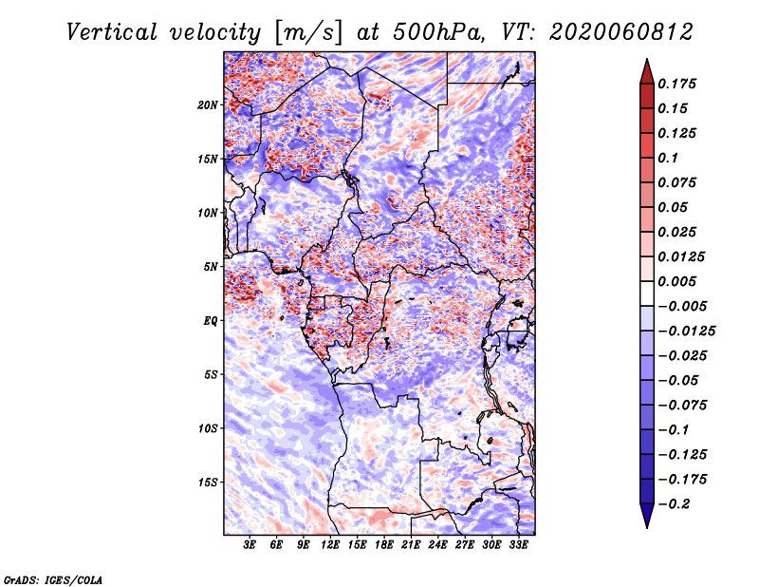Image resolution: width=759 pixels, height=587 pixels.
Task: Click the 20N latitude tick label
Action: click(207, 105)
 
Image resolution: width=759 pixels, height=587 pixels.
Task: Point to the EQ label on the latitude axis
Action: click(210, 321)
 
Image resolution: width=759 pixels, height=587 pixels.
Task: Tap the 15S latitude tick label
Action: click(207, 483)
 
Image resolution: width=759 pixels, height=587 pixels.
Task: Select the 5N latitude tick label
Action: click(211, 267)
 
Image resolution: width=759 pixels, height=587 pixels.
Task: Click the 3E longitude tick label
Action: click(250, 545)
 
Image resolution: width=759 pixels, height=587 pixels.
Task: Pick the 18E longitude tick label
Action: click(383, 545)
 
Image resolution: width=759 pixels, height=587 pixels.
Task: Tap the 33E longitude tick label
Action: click(518, 545)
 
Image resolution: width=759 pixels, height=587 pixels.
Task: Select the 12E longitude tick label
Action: click(329, 545)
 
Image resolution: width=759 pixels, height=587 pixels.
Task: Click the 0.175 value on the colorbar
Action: click(676, 84)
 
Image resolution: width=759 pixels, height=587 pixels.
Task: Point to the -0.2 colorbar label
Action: click(674, 504)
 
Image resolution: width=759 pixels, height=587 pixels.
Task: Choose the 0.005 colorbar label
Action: click(676, 281)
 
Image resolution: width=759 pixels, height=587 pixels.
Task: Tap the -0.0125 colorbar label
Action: click(686, 331)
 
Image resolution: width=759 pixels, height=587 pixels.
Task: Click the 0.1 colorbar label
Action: click(668, 158)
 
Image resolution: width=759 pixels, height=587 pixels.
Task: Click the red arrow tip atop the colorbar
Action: click(647, 59)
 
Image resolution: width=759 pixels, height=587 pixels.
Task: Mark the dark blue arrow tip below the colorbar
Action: click(647, 527)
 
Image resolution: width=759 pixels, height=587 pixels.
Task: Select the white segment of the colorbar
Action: click(647, 293)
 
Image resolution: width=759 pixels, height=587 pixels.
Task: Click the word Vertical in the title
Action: click(112, 32)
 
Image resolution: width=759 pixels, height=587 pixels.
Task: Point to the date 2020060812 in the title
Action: click(621, 32)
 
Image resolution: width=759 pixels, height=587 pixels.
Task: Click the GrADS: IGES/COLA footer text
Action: click(53, 579)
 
